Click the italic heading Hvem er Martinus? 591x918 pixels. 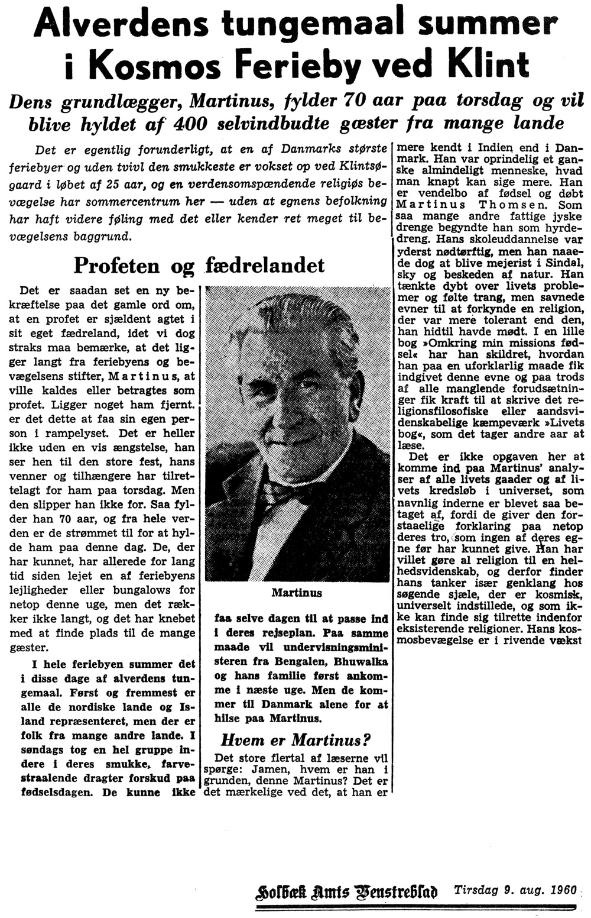click(x=295, y=740)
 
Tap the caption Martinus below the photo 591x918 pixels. click(x=296, y=592)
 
